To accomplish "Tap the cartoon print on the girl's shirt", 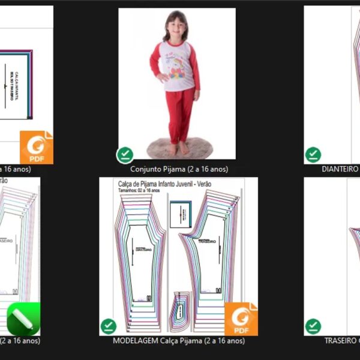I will (x=175, y=67).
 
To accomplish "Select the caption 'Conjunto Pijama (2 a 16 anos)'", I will (x=179, y=169).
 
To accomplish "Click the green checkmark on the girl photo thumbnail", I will (x=125, y=155).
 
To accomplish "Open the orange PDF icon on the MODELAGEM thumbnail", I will (x=241, y=319).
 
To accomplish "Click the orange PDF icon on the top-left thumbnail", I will (x=37, y=147).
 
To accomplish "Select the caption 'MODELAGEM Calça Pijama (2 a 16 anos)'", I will (x=178, y=341).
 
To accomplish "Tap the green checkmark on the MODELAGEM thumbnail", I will (x=108, y=326).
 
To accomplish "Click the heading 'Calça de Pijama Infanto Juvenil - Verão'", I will (x=164, y=184).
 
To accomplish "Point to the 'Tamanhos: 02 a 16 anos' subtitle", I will (x=139, y=191).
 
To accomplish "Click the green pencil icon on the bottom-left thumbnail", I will (x=23, y=319).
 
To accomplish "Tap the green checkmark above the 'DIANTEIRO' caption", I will (x=313, y=155).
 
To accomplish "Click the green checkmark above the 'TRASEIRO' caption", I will (x=313, y=326).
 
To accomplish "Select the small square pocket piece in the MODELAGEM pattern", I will (x=180, y=214).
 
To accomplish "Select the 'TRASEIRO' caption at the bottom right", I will (x=341, y=341).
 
